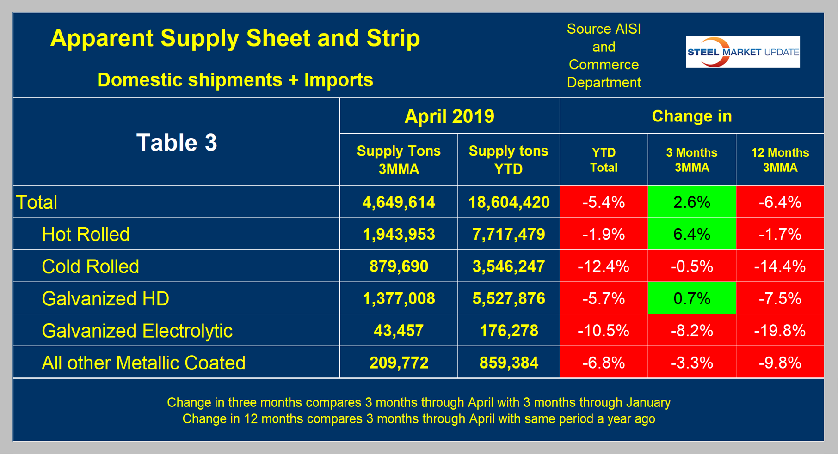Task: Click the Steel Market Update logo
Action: pyautogui.click(x=742, y=52)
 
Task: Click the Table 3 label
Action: pyautogui.click(x=177, y=142)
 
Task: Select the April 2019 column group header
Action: pyautogui.click(x=449, y=116)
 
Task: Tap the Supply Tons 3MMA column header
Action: pyautogui.click(x=399, y=160)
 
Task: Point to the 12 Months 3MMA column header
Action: pyautogui.click(x=780, y=160)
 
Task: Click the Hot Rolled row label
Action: pyautogui.click(x=86, y=235)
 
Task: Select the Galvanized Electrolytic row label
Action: pyautogui.click(x=137, y=331)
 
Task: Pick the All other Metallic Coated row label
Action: pyautogui.click(x=143, y=363)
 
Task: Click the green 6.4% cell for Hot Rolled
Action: pyautogui.click(x=691, y=235)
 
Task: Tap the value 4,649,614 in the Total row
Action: pyautogui.click(x=399, y=202)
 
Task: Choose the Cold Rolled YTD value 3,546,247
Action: pyautogui.click(x=508, y=266)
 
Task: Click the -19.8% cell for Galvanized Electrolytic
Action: pyautogui.click(x=780, y=331)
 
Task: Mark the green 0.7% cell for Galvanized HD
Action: pyautogui.click(x=691, y=299)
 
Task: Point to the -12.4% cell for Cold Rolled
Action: pyautogui.click(x=604, y=266)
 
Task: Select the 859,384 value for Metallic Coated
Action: pyautogui.click(x=508, y=363)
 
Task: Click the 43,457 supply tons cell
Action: pyautogui.click(x=399, y=331)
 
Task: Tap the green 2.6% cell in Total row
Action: pyautogui.click(x=691, y=202)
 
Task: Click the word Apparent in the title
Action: pyautogui.click(x=102, y=38)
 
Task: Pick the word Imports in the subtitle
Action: pyautogui.click(x=339, y=80)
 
